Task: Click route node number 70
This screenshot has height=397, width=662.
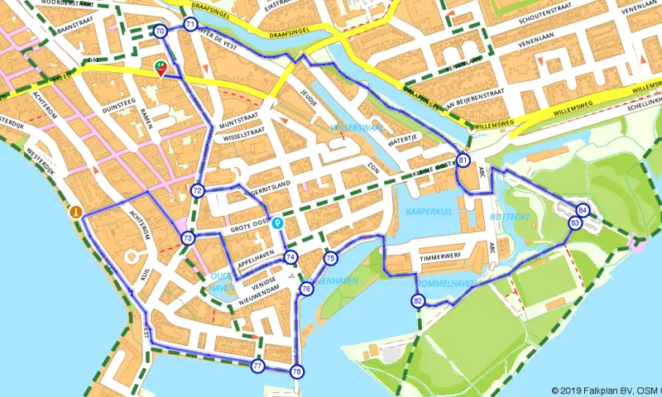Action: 160,31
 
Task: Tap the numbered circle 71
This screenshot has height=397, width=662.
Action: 191,25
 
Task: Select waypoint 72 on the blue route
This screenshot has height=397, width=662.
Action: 197,191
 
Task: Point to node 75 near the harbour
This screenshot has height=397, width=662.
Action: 331,259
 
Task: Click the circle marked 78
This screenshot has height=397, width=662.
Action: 296,371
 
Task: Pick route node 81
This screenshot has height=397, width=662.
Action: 463,160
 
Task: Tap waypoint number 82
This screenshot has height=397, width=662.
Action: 418,301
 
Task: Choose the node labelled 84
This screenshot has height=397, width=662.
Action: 583,210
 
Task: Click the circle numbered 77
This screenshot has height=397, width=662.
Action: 258,366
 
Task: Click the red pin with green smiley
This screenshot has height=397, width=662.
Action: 161,69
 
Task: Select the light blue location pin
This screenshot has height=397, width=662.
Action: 277,222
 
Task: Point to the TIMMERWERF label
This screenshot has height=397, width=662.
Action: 438,258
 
